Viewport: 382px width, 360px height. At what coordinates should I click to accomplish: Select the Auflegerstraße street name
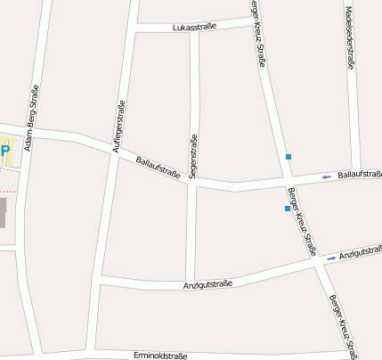pos(118,128)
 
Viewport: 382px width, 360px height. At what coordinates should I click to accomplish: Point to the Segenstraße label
pos(192,157)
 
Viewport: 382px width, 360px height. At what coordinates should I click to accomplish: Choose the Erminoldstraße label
pos(160,356)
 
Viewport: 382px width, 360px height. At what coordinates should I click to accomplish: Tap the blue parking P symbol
pos(4,151)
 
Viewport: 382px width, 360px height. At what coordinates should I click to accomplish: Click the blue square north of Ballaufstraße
pos(289,157)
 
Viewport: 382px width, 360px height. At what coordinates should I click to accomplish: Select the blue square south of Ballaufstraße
pos(287,209)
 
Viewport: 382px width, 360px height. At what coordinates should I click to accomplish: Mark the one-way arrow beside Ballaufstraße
pos(326,176)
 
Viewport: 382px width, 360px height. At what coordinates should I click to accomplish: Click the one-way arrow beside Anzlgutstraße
pos(331,258)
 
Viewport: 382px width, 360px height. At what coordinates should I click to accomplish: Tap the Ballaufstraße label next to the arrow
pos(360,173)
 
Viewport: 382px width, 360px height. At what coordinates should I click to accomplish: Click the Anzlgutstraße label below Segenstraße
pos(207,283)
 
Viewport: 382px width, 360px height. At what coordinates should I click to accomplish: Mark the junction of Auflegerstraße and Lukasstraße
pos(134,32)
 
